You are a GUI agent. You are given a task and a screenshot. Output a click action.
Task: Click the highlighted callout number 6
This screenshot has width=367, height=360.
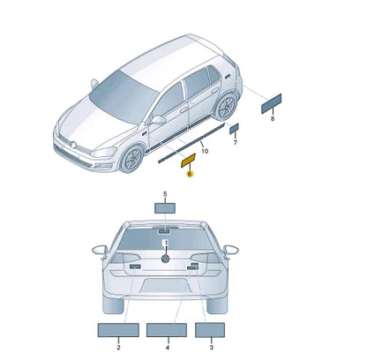tap(190, 174)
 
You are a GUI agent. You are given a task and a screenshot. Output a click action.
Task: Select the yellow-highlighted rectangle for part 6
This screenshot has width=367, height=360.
tap(188, 161)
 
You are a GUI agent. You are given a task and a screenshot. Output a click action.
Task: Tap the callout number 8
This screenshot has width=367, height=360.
tap(273, 119)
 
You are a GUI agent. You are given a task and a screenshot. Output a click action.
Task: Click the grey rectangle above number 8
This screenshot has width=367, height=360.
tap(272, 103)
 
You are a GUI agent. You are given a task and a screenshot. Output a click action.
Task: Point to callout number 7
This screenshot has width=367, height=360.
tap(236, 143)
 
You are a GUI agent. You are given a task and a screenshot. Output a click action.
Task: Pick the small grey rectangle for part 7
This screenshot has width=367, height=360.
tap(234, 129)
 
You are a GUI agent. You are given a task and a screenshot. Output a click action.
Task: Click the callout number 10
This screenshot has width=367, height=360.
tap(205, 151)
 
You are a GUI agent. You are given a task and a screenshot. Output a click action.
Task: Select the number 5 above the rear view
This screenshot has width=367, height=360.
tap(165, 194)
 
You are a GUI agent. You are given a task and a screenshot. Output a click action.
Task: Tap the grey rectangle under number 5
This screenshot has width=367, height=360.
tap(165, 208)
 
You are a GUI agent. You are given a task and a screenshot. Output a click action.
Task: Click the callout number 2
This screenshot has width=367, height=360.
tap(118, 348)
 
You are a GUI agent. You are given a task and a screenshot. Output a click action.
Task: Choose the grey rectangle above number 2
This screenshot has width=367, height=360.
tap(118, 330)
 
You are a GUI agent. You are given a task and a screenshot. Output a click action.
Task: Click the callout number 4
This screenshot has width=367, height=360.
tap(168, 348)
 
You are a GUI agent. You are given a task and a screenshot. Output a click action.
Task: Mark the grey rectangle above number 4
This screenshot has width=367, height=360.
tap(167, 330)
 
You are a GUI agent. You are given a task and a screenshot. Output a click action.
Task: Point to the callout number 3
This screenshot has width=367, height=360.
tap(212, 348)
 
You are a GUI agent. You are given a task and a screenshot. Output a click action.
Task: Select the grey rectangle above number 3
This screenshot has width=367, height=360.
tap(210, 330)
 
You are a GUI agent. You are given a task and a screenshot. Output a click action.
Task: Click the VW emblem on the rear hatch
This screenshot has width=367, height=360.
tap(166, 259)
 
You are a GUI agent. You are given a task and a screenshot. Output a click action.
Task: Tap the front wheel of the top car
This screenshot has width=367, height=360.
tap(132, 159)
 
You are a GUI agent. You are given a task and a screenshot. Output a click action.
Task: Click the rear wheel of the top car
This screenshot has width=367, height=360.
tap(227, 107)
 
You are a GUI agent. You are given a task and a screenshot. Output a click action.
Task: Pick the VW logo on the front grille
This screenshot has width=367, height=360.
tap(73, 145)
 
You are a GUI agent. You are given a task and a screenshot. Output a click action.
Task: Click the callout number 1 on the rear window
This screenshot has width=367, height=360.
tap(166, 243)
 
